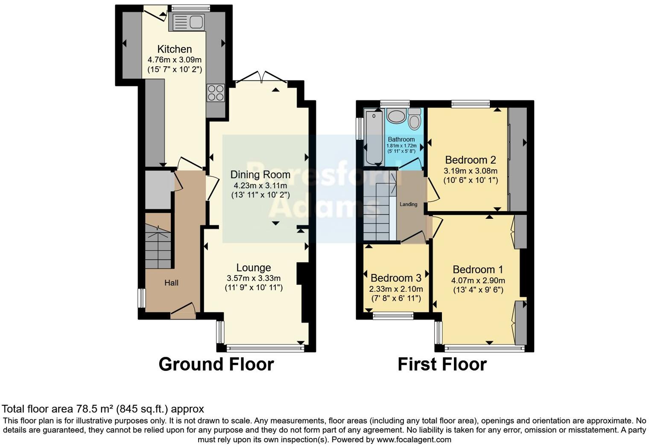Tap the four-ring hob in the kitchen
(216, 93)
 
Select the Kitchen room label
(174, 49)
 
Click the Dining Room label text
(260, 174)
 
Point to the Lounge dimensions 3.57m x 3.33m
(254, 278)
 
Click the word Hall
(171, 283)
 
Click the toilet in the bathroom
(414, 118)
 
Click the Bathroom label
(401, 139)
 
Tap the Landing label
(408, 204)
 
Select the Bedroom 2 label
(470, 160)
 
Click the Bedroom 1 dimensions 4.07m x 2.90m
(478, 281)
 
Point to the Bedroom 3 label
(396, 278)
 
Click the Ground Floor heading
(216, 364)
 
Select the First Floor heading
(442, 364)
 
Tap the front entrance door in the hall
(183, 311)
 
